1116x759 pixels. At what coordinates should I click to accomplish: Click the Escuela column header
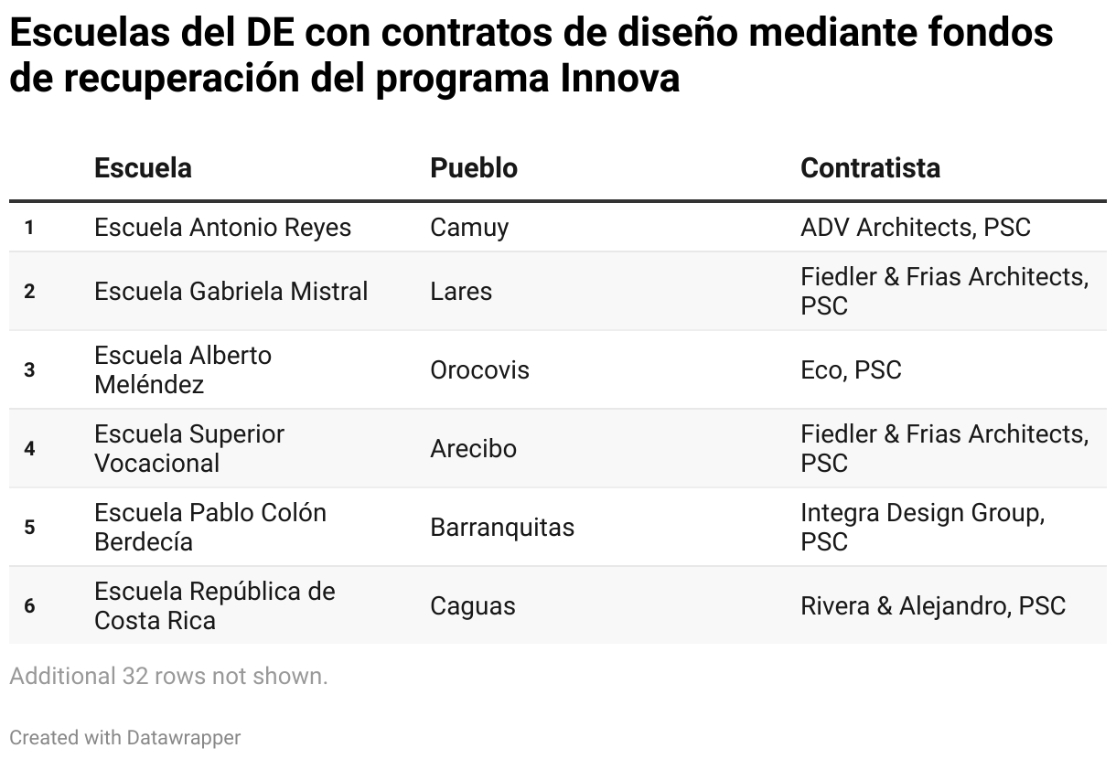(143, 168)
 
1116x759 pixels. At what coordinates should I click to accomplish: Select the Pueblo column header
(474, 168)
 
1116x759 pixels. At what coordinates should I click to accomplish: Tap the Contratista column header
(870, 168)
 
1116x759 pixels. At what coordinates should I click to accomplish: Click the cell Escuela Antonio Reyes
(222, 228)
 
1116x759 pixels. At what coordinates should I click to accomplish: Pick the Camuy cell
(469, 228)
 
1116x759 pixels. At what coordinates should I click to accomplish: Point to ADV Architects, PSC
(915, 228)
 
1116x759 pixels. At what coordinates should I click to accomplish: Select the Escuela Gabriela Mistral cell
(231, 292)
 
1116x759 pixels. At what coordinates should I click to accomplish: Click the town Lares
(461, 292)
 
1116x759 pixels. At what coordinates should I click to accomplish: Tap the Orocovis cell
(479, 370)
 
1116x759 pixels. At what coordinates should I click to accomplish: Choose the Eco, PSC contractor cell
(851, 370)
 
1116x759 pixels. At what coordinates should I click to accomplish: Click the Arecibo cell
(473, 449)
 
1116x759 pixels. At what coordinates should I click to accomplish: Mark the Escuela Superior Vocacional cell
(189, 448)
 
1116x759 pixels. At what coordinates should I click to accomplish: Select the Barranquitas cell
(502, 528)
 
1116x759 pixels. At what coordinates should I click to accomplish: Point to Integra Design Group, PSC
(922, 527)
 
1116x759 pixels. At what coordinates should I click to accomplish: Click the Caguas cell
(473, 606)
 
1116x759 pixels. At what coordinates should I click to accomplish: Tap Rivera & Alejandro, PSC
(933, 606)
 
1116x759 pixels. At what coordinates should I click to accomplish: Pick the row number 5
(30, 528)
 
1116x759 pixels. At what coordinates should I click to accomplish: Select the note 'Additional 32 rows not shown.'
(168, 677)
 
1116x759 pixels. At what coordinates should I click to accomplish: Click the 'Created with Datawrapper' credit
(125, 737)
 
